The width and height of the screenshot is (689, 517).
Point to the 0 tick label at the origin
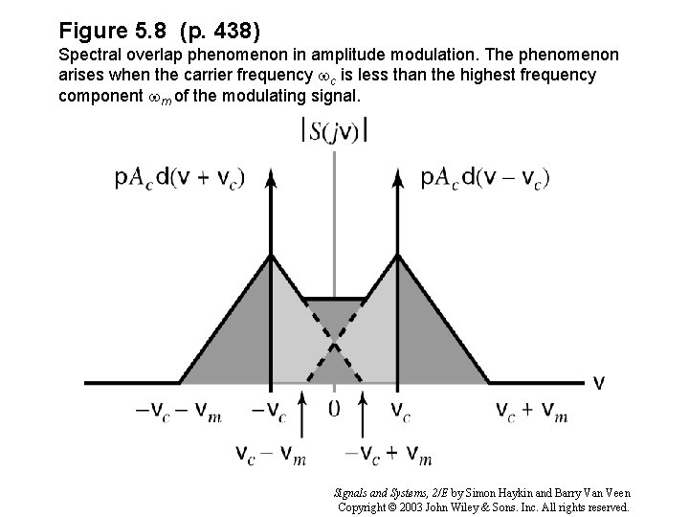coord(333,409)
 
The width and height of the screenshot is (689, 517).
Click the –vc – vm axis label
coord(179,411)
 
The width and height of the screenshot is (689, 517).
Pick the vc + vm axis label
coord(532,411)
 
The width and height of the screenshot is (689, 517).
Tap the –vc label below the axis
coord(268,411)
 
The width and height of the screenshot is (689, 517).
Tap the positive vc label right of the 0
coord(401,411)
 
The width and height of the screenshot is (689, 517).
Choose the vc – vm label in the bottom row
coord(271,454)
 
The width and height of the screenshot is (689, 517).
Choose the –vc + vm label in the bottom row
coord(387,454)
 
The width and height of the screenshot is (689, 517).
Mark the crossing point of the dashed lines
coord(333,340)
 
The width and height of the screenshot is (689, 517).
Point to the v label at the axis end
coord(599,383)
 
